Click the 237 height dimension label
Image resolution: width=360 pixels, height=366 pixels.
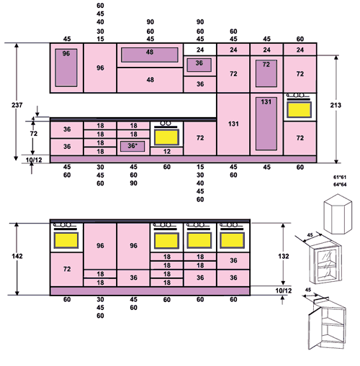(x=17, y=105)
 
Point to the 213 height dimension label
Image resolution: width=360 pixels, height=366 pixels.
(x=336, y=105)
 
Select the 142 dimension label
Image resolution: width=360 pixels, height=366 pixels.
(x=17, y=256)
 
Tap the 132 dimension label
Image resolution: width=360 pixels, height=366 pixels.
(x=284, y=256)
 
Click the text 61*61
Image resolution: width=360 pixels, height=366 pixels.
(x=340, y=178)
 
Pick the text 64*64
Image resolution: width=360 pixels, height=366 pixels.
(x=340, y=185)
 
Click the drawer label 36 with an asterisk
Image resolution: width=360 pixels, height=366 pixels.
(x=132, y=146)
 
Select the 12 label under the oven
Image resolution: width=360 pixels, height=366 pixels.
(x=167, y=152)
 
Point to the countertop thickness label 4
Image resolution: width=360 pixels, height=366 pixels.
(x=33, y=119)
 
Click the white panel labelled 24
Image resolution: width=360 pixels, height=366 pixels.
(x=200, y=50)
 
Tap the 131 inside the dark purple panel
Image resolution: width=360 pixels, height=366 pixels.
(x=266, y=102)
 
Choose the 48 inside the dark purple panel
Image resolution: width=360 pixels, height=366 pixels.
(x=150, y=52)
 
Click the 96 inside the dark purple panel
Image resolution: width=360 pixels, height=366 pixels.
(x=66, y=53)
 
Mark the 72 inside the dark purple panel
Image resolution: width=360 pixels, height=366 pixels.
(x=266, y=65)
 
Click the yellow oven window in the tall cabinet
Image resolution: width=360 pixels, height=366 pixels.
(x=300, y=110)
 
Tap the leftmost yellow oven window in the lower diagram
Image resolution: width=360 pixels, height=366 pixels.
(x=66, y=240)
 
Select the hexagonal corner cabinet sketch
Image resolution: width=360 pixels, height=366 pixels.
(x=338, y=214)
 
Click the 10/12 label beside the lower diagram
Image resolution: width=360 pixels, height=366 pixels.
(x=284, y=290)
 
